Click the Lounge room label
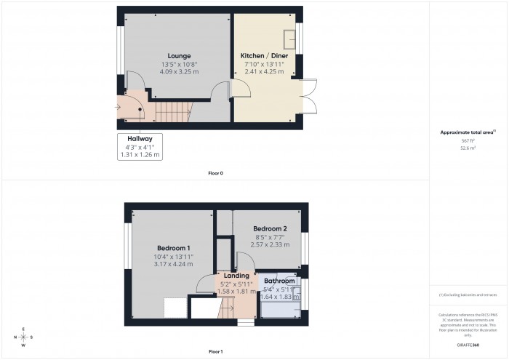(x=179, y=56)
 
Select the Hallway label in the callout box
(x=140, y=138)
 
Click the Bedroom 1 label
(x=173, y=248)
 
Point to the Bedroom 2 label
(x=260, y=228)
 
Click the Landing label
(x=236, y=275)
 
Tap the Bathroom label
(x=279, y=281)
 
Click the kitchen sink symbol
(x=288, y=39)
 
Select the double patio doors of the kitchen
(x=310, y=95)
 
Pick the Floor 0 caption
(x=216, y=173)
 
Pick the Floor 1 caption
(x=216, y=351)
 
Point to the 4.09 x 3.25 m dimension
(x=179, y=71)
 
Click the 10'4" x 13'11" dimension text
(x=173, y=256)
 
